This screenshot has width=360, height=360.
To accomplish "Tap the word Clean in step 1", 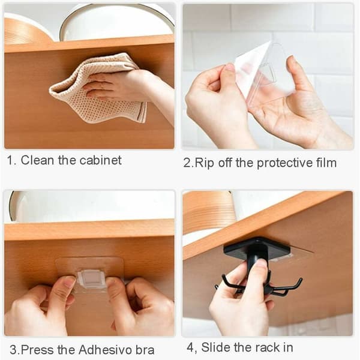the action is (37, 160).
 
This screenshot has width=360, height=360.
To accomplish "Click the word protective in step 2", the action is (284, 163).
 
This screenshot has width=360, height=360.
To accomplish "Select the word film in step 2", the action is (326, 163).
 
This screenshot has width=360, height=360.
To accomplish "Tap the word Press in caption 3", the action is (38, 350).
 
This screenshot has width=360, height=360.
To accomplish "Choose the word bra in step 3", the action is (145, 350).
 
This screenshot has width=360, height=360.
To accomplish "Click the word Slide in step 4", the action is (216, 347).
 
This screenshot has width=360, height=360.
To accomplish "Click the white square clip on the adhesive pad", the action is (91, 279).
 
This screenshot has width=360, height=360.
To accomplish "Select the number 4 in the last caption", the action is (190, 347).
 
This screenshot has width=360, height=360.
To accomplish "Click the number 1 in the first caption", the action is (10, 160).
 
